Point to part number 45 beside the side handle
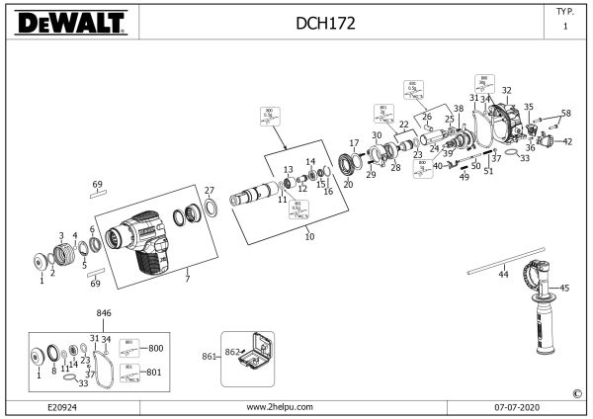(x=565, y=288)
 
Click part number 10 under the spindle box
(x=309, y=237)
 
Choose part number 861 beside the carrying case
(x=209, y=355)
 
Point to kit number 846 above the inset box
(x=104, y=312)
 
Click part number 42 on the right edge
(x=567, y=142)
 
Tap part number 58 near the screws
(x=566, y=114)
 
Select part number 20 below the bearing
(x=347, y=184)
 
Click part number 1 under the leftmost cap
(x=42, y=281)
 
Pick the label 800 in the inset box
(x=155, y=348)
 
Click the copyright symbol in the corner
(x=576, y=393)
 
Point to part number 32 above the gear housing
(x=507, y=90)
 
